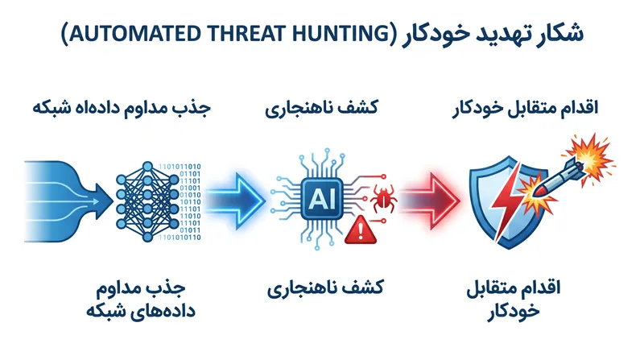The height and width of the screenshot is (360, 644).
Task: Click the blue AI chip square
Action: pyautogui.click(x=321, y=199)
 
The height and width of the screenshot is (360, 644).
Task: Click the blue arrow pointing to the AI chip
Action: pyautogui.click(x=235, y=201)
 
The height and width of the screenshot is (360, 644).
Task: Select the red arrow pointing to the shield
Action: pyautogui.click(x=430, y=201)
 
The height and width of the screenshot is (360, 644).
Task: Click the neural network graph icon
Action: pyautogui.click(x=147, y=201)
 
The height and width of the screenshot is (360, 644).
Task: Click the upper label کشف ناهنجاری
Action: pyautogui.click(x=321, y=109)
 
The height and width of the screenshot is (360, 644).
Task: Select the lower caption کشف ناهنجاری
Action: pyautogui.click(x=325, y=288)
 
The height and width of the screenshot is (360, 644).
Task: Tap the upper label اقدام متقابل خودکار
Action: pyautogui.click(x=526, y=109)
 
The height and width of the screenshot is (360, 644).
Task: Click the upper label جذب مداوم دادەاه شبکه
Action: pyautogui.click(x=122, y=108)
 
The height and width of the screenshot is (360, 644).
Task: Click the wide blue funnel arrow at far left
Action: pyautogui.click(x=68, y=201)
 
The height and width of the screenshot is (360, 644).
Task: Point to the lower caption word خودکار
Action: pyautogui.click(x=514, y=311)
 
